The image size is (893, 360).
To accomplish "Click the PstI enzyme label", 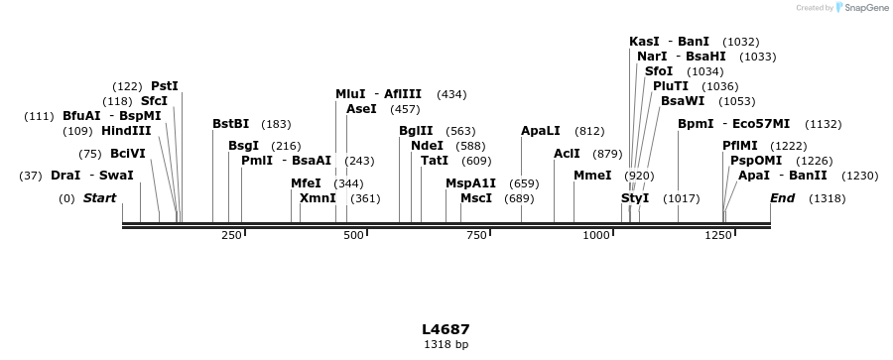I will tap(165, 86).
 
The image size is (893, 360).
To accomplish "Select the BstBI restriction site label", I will tap(231, 124).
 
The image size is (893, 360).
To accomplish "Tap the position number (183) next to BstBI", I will tap(276, 124).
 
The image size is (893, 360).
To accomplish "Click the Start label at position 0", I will tap(99, 198).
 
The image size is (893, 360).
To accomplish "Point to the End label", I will tap(782, 198).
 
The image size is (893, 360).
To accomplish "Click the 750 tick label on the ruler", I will tap(477, 235).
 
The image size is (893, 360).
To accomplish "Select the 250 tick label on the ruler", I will tap(231, 235).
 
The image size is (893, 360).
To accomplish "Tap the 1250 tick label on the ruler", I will tap(718, 235).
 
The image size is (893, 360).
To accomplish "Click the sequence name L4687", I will tap(446, 329).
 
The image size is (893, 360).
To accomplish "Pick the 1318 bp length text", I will tap(446, 345).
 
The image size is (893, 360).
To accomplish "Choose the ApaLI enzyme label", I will tap(541, 131).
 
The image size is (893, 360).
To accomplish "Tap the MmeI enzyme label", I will tap(592, 176).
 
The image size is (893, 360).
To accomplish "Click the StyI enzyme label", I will tap(635, 198).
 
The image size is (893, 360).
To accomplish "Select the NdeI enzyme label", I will tap(427, 146).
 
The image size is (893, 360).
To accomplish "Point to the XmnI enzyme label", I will tap(318, 198).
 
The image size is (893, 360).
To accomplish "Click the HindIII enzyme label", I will tap(126, 131).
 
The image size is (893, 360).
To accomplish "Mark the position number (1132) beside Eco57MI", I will tap(824, 124).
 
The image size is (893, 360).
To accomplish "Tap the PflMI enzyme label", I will tap(740, 146).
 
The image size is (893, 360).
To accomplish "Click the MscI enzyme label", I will tap(476, 198).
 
